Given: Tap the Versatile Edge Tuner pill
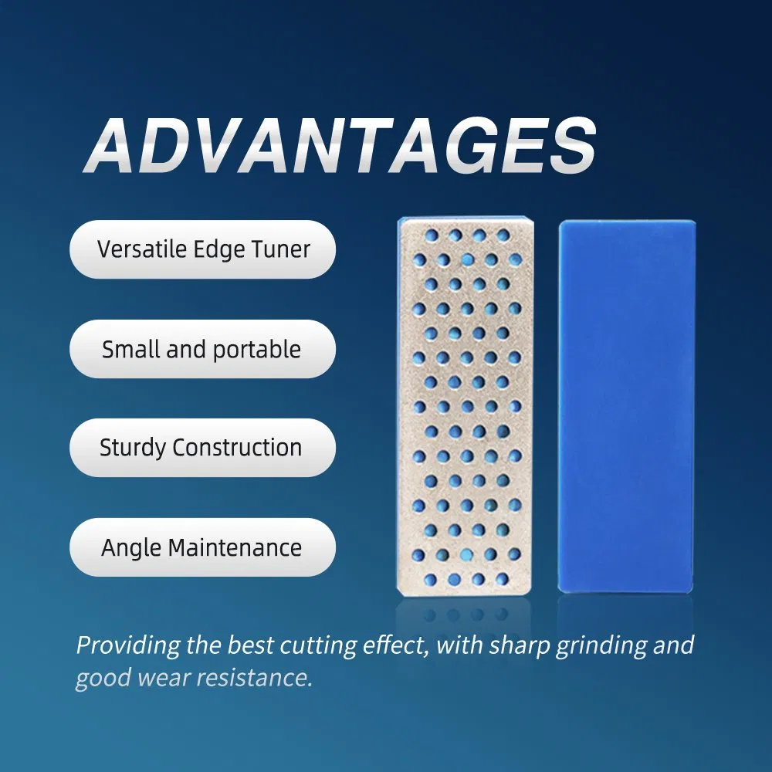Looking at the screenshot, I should (202, 249).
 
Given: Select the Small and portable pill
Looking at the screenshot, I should (202, 349).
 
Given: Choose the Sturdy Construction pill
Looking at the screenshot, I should (202, 448).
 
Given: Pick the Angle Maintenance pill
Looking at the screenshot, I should (202, 547).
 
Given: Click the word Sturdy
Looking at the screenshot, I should (133, 449).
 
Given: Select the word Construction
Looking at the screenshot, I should (237, 448).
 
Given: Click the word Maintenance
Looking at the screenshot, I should (235, 547).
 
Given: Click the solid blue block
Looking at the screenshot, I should (626, 405).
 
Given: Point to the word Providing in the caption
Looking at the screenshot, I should (127, 645).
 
